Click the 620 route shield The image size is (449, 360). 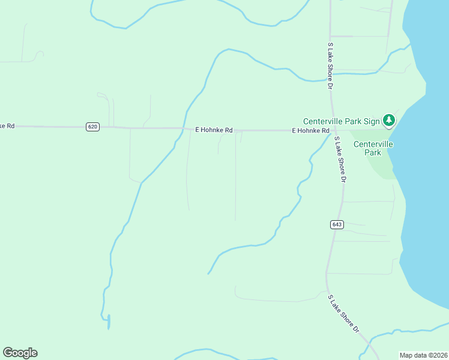pyautogui.click(x=92, y=127)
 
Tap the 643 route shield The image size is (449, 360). pyautogui.click(x=337, y=224)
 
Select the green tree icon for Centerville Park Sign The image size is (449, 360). pyautogui.click(x=389, y=121)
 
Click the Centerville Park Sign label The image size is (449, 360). pyautogui.click(x=342, y=121)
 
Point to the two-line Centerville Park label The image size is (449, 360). pyautogui.click(x=373, y=148)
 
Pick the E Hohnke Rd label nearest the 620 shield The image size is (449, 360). pyautogui.click(x=214, y=130)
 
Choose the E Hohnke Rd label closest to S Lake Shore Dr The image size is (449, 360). pyautogui.click(x=310, y=130)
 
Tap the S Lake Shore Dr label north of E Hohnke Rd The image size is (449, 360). pyautogui.click(x=330, y=66)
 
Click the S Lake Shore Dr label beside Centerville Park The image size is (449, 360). pyautogui.click(x=341, y=160)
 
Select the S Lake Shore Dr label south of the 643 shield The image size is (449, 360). pyautogui.click(x=343, y=314)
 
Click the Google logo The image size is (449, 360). pyautogui.click(x=20, y=353)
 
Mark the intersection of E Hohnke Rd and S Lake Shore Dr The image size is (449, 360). pyautogui.click(x=334, y=130)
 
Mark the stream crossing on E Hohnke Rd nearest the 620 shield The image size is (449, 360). pyautogui.click(x=183, y=128)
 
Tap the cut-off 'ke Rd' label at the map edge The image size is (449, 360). pyautogui.click(x=7, y=126)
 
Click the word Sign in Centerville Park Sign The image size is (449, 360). pyautogui.click(x=372, y=121)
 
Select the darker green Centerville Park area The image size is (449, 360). pyautogui.click(x=384, y=165)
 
